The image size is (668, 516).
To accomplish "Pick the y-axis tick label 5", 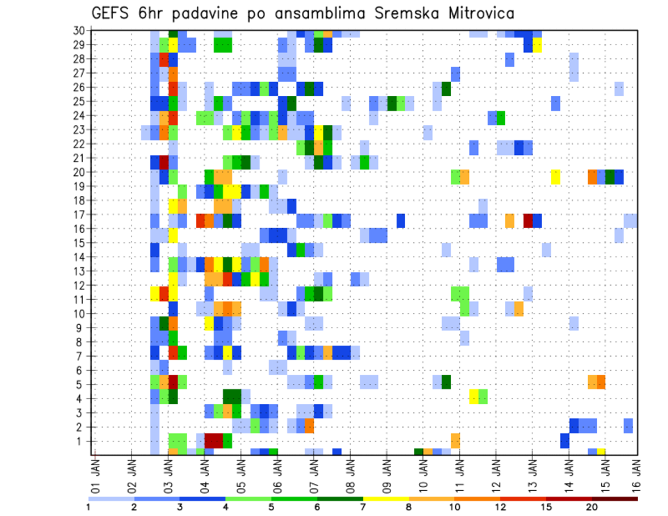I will (x=81, y=385).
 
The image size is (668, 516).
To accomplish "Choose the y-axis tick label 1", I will (x=81, y=441).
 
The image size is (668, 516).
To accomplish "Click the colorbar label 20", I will (x=593, y=507).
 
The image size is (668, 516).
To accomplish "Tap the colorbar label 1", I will (x=88, y=507).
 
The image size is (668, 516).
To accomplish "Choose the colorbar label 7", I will (x=363, y=507).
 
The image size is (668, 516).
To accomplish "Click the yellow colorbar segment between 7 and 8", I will (x=386, y=498).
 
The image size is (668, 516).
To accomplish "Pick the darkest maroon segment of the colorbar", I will (x=615, y=498).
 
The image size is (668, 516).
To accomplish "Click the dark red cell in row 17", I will (x=528, y=220).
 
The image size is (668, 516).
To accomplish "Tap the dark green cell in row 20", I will (x=610, y=177).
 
